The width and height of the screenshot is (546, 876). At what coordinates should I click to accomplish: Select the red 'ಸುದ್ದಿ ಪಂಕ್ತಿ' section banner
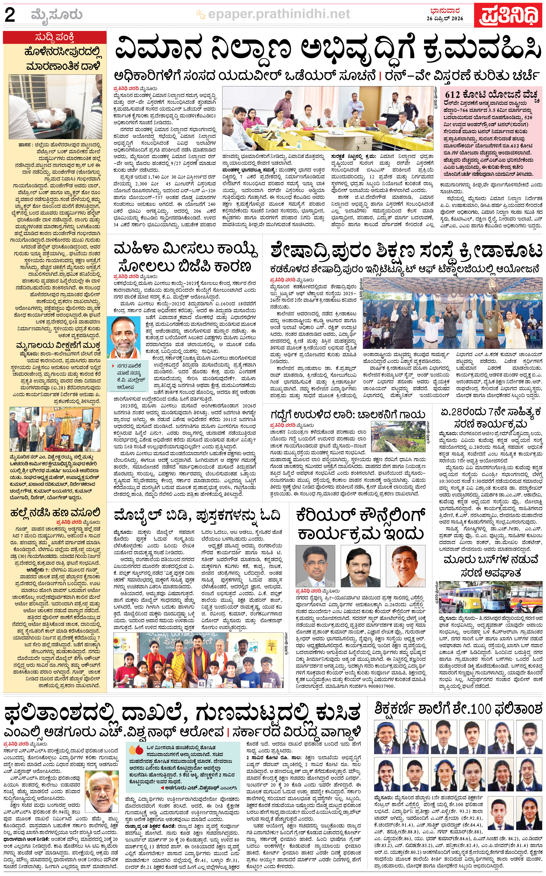[55, 37]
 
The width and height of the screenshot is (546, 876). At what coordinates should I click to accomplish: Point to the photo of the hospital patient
[55, 107]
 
